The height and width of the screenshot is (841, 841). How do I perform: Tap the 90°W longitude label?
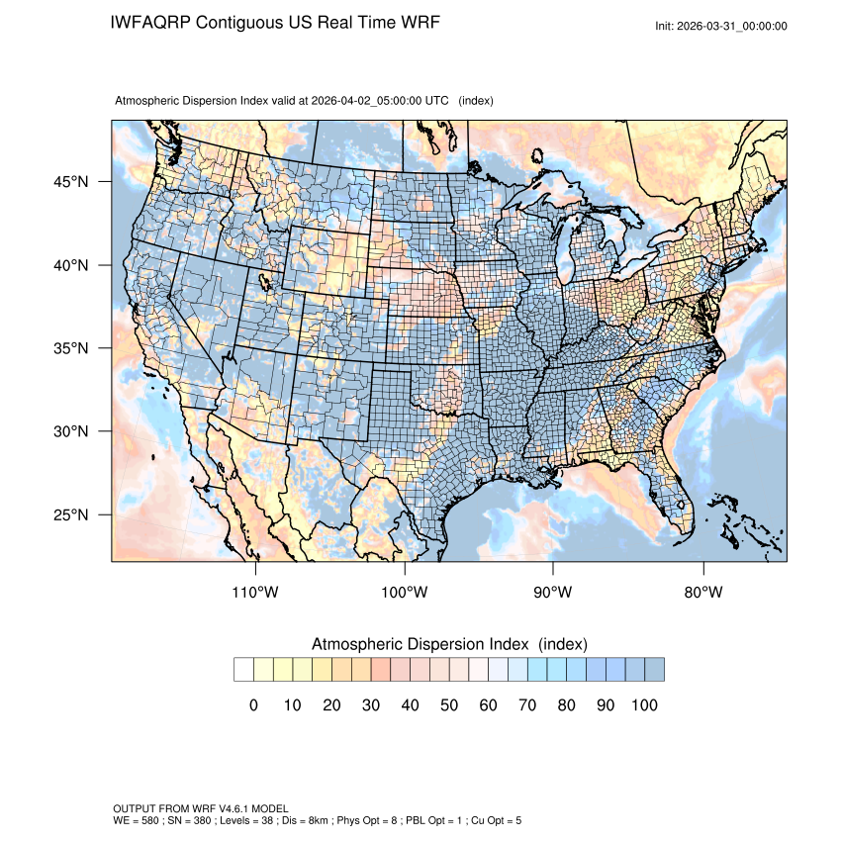tap(553, 593)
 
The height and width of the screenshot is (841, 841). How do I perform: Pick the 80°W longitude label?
tap(702, 593)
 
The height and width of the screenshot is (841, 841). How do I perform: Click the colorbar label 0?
tap(253, 705)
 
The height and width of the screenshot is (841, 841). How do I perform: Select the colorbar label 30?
tap(370, 705)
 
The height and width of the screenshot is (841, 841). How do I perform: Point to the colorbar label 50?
tap(448, 705)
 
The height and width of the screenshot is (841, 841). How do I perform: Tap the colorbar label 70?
tap(526, 705)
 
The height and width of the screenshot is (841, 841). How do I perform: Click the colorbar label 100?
tap(643, 705)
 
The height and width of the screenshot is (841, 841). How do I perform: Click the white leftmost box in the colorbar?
tap(243, 670)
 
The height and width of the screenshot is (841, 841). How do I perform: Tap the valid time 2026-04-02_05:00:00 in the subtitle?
tap(379, 101)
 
